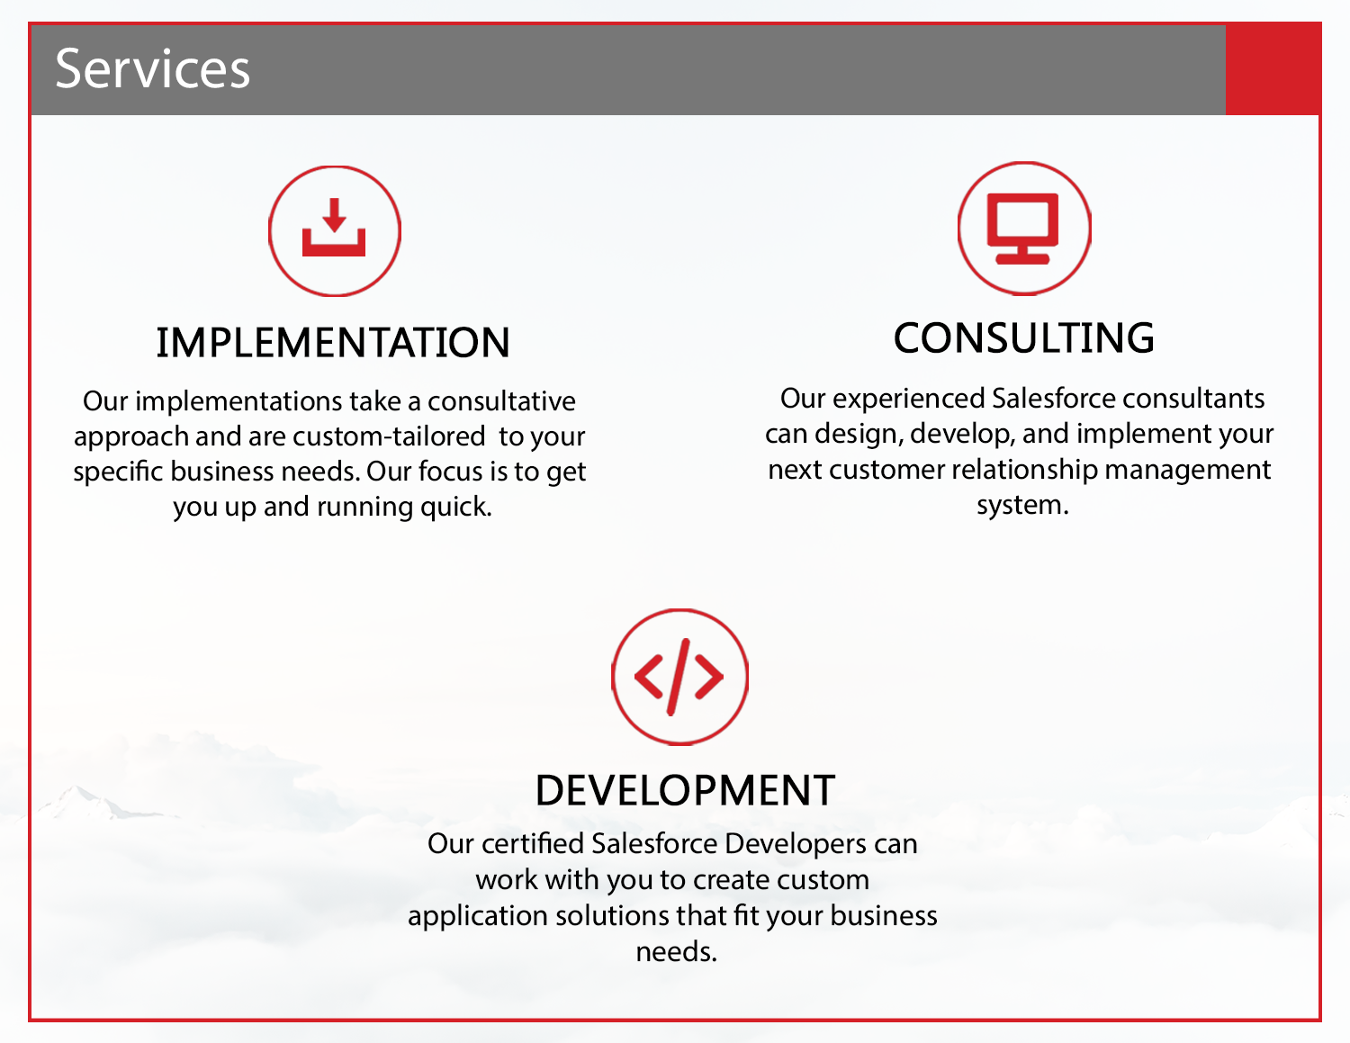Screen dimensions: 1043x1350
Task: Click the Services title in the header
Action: click(x=152, y=69)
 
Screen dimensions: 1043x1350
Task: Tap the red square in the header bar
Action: click(x=1273, y=69)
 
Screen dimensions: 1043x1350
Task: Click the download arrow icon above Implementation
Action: click(x=334, y=230)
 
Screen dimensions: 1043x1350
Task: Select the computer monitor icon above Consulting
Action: click(x=1023, y=229)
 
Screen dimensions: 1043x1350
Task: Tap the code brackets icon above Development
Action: click(x=679, y=677)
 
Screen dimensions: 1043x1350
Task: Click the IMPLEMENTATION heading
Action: click(x=333, y=343)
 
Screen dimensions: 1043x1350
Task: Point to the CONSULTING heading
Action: click(x=1023, y=338)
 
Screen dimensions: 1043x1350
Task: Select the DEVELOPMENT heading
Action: click(x=685, y=791)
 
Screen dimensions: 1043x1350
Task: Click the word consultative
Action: click(x=501, y=401)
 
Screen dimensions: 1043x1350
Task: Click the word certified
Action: click(x=533, y=844)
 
